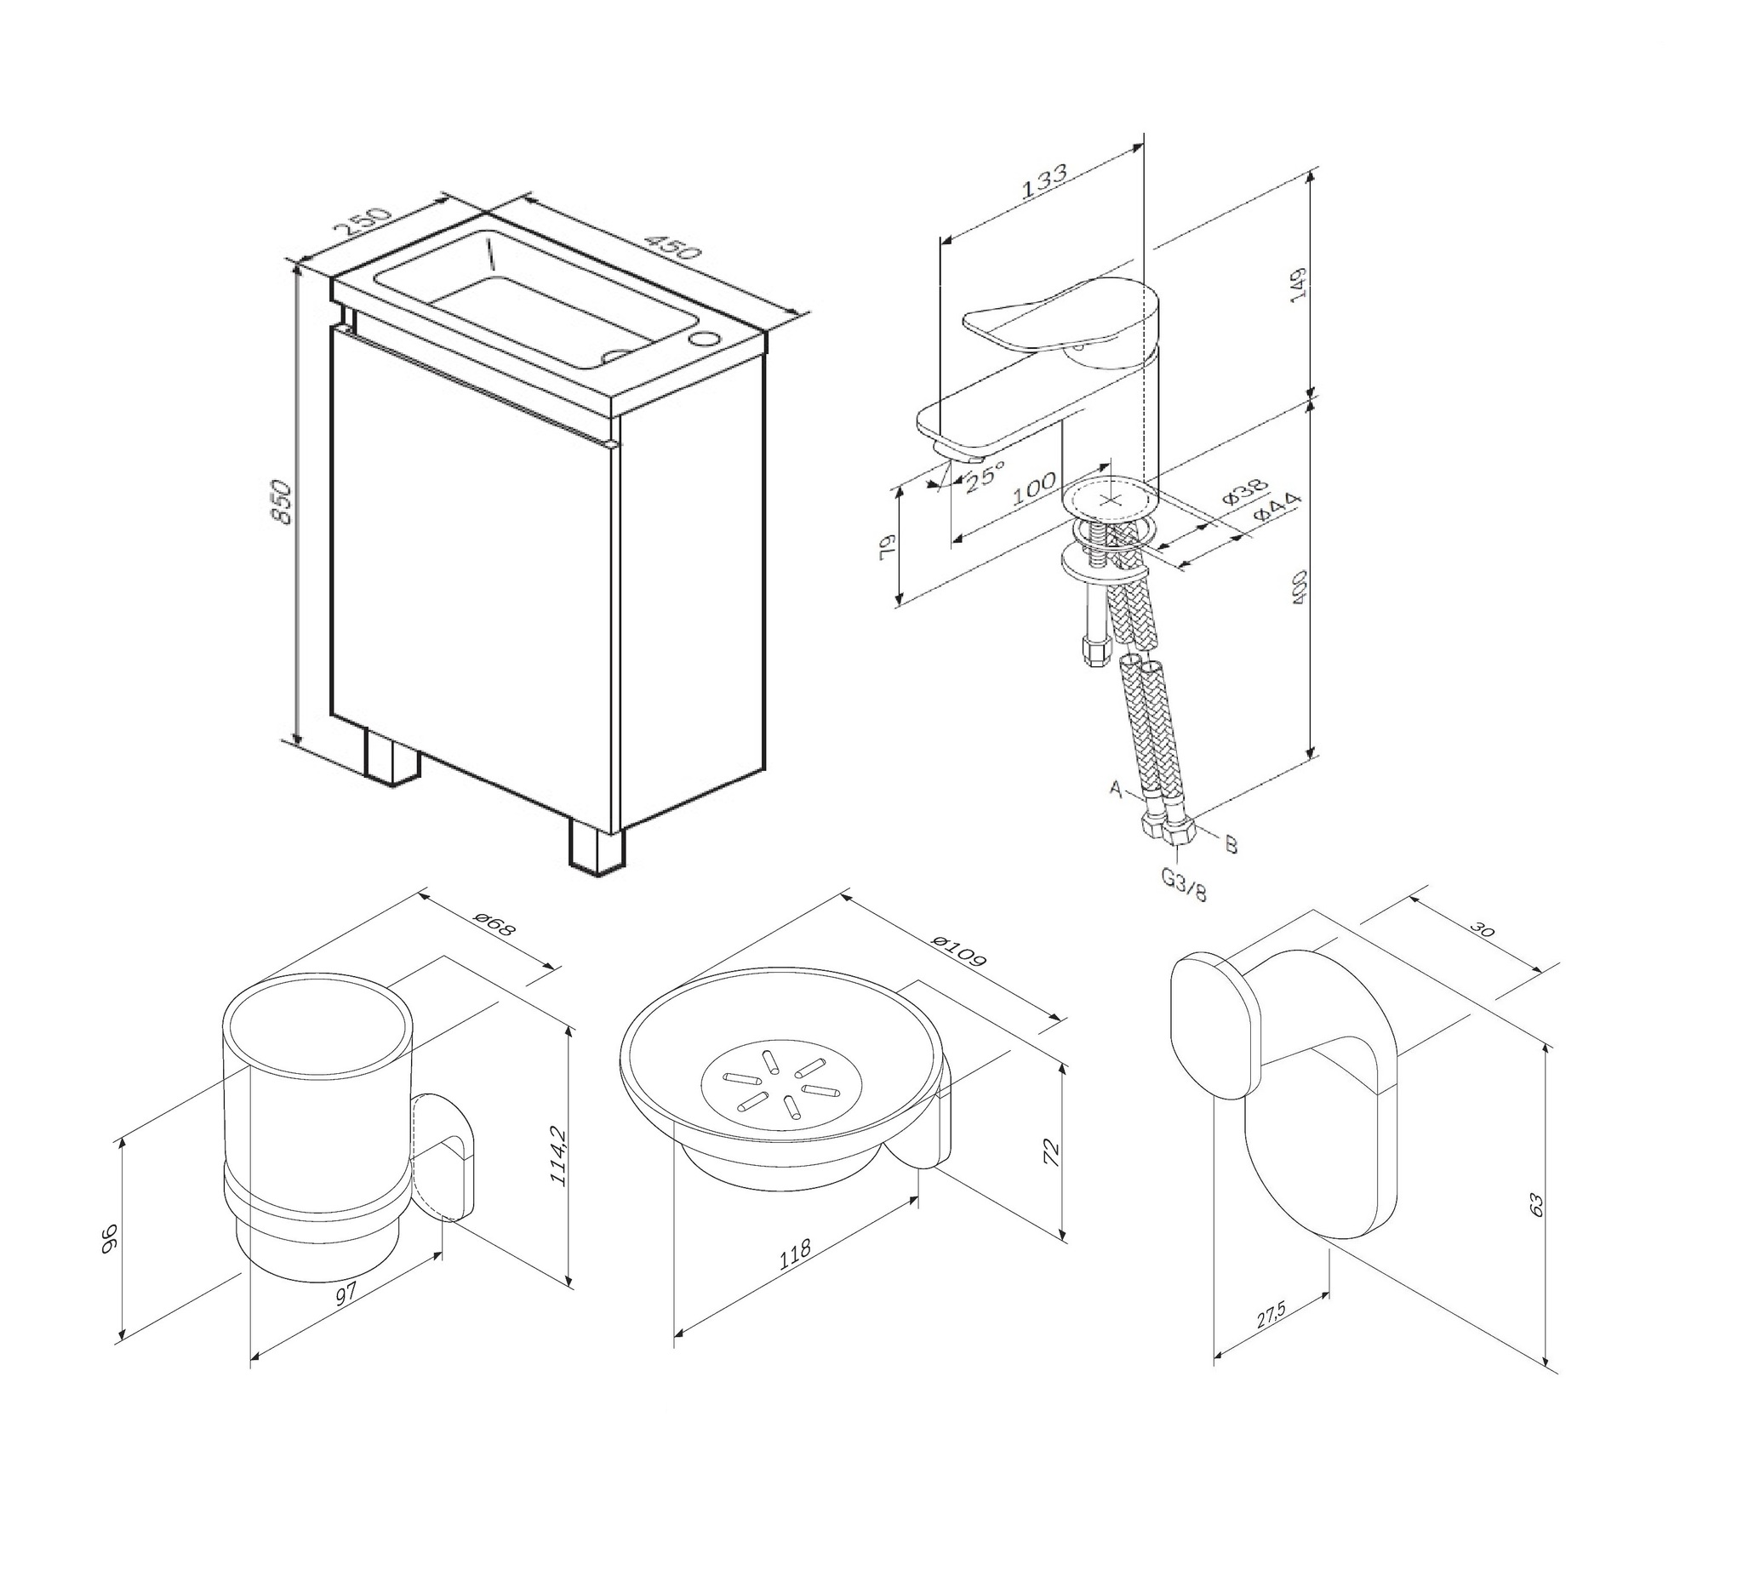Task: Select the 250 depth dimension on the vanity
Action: [363, 223]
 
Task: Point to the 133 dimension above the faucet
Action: [1043, 182]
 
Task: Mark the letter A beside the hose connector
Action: [1115, 789]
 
